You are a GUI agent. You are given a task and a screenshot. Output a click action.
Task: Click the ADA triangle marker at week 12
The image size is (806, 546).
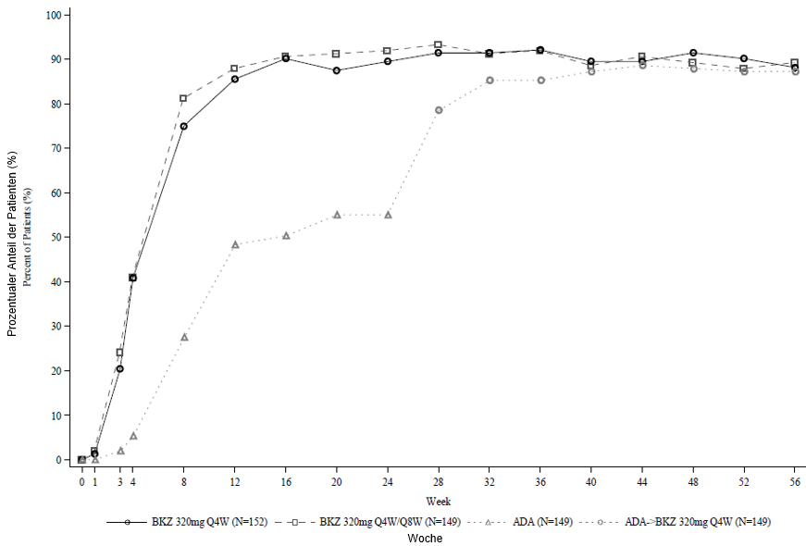pyautogui.click(x=235, y=244)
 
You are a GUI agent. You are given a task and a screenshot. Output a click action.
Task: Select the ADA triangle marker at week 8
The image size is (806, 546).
pyautogui.click(x=184, y=337)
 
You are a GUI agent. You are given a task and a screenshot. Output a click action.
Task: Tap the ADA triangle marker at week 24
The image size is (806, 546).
pyautogui.click(x=388, y=215)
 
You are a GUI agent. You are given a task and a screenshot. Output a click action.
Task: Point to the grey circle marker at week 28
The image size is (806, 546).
pyautogui.click(x=439, y=110)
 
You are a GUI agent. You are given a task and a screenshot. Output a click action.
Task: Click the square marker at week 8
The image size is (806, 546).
pyautogui.click(x=183, y=98)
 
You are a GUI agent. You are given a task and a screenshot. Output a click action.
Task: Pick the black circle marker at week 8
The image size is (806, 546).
pyautogui.click(x=183, y=126)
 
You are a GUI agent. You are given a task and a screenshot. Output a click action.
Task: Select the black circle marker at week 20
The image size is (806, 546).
pyautogui.click(x=337, y=70)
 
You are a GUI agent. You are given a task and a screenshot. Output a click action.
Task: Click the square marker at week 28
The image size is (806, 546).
pyautogui.click(x=439, y=44)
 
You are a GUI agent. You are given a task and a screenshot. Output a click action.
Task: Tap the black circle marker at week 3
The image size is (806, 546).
pyautogui.click(x=120, y=368)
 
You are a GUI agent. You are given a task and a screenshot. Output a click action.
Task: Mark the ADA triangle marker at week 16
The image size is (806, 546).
pyautogui.click(x=286, y=235)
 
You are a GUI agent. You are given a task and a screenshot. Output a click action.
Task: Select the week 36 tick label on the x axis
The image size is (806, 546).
pyautogui.click(x=540, y=482)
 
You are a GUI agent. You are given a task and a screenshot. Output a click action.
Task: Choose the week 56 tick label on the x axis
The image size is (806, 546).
pyautogui.click(x=795, y=482)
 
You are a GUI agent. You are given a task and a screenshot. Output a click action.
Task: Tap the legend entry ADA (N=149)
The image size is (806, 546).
pyautogui.click(x=533, y=522)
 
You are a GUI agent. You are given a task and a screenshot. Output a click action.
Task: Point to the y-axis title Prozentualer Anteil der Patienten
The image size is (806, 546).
pyautogui.click(x=13, y=239)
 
